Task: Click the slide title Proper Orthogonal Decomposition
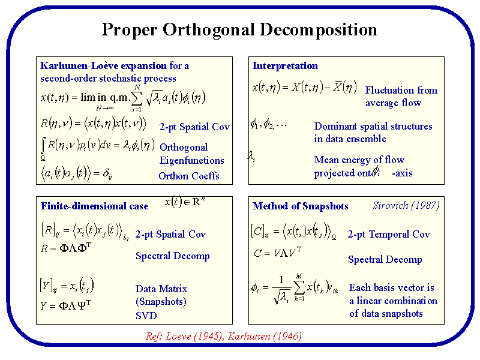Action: [239, 29]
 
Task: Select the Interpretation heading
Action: [285, 66]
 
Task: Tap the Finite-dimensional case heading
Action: [94, 206]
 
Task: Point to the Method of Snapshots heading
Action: [300, 206]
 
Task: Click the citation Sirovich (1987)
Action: [406, 205]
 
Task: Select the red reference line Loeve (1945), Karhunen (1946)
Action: [223, 336]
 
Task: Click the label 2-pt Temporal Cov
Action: [389, 235]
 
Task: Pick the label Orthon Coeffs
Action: [189, 176]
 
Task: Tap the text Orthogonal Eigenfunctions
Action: [191, 154]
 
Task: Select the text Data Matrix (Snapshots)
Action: [161, 295]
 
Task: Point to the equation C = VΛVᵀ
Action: [277, 253]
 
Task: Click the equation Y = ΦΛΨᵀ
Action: [65, 305]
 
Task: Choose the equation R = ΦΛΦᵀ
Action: [65, 248]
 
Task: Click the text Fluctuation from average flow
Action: [401, 97]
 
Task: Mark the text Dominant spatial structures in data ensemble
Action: [373, 133]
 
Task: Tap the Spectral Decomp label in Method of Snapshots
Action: [385, 260]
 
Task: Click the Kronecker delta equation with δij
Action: [75, 175]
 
